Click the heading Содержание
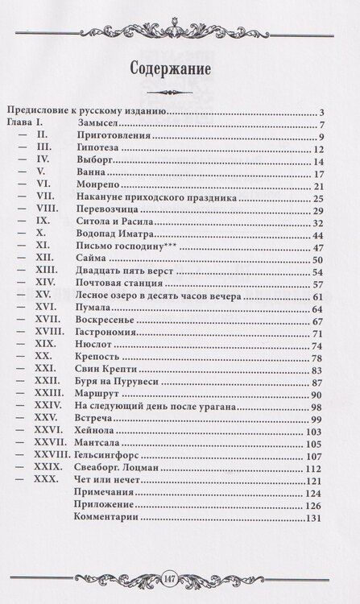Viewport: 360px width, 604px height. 180,68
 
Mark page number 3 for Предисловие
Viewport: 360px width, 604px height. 321,112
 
